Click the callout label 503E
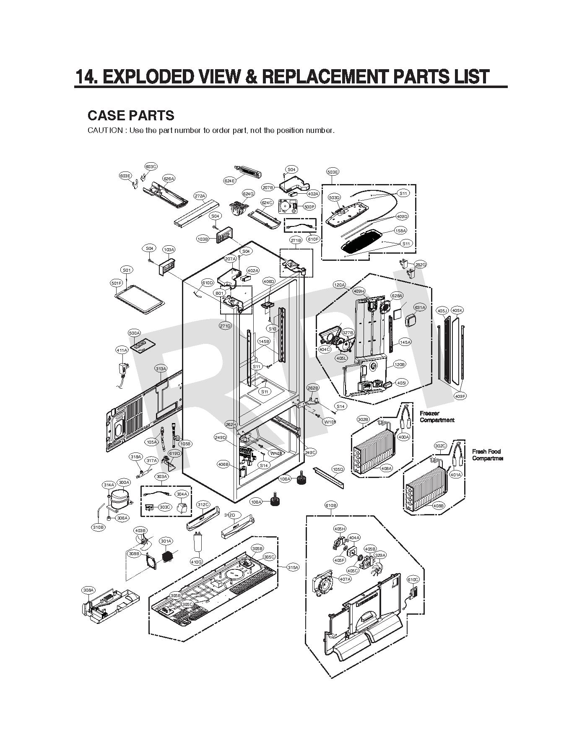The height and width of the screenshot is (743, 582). click(333, 172)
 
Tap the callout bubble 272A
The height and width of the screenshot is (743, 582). click(200, 196)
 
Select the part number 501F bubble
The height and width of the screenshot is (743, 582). click(116, 283)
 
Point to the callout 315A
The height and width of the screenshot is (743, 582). click(293, 567)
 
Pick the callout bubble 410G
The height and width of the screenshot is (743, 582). click(196, 561)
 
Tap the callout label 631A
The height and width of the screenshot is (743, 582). click(420, 307)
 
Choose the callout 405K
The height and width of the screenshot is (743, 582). click(457, 310)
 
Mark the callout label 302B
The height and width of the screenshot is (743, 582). click(363, 419)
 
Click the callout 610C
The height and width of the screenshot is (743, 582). click(413, 579)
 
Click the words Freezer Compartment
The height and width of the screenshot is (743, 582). click(436, 416)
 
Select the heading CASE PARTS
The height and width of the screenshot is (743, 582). click(131, 115)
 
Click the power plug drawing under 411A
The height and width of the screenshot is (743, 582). click(123, 369)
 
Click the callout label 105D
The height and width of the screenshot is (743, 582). click(338, 469)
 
